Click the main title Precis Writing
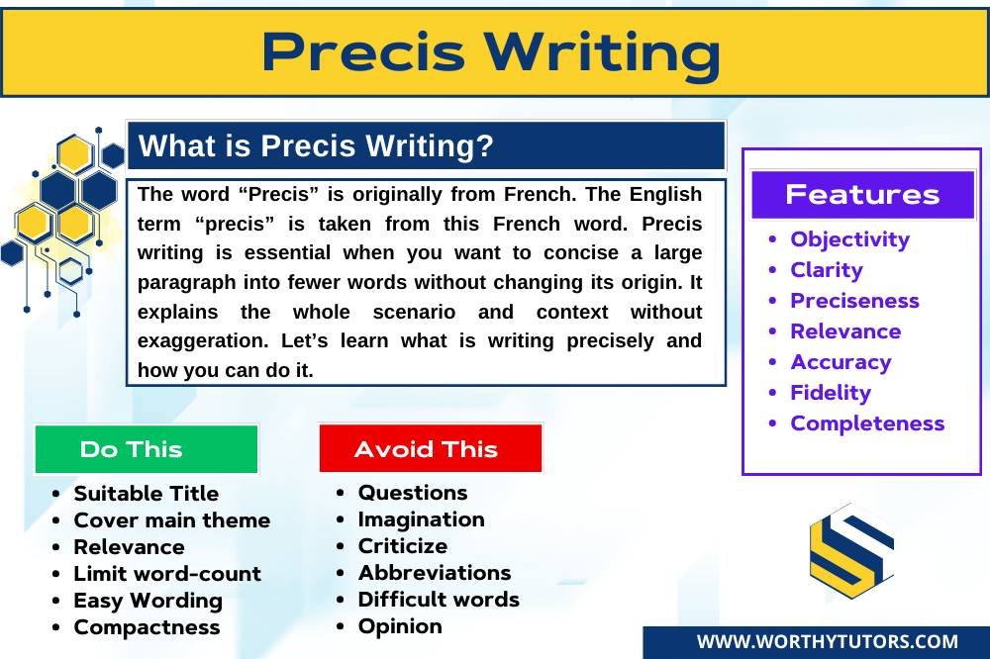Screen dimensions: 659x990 (492, 52)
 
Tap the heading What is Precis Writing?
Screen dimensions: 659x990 (316, 146)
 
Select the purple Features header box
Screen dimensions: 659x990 (862, 194)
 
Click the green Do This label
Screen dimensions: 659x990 (132, 449)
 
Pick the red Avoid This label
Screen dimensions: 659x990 (427, 449)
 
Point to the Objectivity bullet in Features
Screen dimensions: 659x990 (849, 239)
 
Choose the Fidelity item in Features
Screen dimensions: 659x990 (830, 393)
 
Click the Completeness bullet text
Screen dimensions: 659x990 (867, 424)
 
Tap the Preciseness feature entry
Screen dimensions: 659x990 (854, 301)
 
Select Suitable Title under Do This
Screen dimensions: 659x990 (147, 493)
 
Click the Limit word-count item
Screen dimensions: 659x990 (167, 574)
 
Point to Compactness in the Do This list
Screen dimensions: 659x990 (147, 627)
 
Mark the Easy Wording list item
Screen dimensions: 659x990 (148, 601)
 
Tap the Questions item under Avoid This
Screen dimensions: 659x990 (413, 493)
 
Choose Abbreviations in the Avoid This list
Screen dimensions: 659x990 (435, 573)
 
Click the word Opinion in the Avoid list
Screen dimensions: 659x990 (400, 626)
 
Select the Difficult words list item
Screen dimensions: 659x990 (439, 600)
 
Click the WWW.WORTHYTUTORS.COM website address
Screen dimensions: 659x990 (827, 642)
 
